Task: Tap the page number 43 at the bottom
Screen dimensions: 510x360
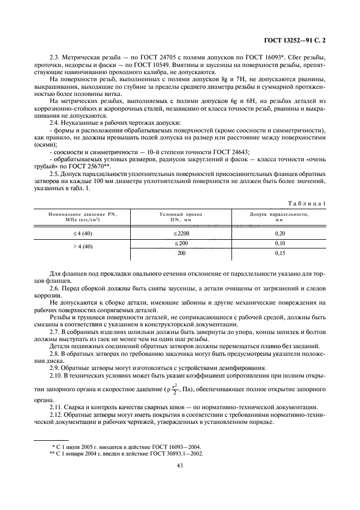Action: [x=180, y=465]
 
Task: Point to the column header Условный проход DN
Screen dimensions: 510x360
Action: [x=180, y=217]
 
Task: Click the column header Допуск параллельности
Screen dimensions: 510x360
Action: [x=279, y=217]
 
